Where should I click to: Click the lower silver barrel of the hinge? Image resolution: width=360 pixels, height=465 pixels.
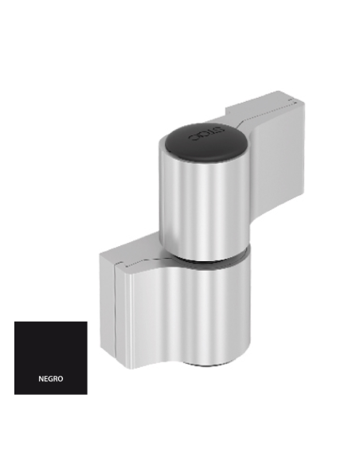click(x=210, y=311)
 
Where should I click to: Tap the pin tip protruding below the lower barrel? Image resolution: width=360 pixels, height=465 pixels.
click(x=210, y=364)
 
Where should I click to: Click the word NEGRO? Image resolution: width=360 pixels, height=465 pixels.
click(x=51, y=379)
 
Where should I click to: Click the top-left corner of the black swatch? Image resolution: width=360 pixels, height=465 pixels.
click(x=15, y=322)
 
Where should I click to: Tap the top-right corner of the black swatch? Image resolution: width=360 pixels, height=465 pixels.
click(x=87, y=322)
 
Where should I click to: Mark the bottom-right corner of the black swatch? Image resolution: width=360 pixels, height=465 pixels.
click(x=87, y=394)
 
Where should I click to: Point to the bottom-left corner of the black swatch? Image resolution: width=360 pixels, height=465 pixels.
click(x=15, y=394)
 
